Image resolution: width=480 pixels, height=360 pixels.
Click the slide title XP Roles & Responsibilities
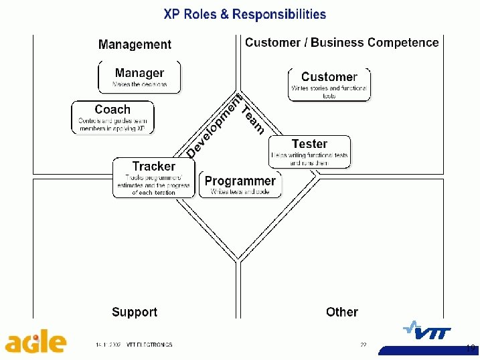click(x=245, y=14)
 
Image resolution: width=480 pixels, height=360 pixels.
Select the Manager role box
click(x=139, y=77)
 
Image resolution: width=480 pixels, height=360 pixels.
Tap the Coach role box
click(x=112, y=117)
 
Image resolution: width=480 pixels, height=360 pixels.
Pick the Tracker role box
click(x=153, y=178)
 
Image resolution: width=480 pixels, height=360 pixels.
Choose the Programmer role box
click(x=240, y=184)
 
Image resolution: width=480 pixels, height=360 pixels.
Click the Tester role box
click(x=309, y=152)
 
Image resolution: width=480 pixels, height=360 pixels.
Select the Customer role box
click(x=329, y=85)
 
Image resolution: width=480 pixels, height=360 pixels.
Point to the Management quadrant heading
click(x=135, y=45)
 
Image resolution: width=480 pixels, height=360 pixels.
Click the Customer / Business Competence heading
click(x=341, y=43)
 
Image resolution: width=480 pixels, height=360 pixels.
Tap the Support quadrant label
click(x=135, y=312)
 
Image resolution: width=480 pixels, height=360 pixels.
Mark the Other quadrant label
click(x=341, y=312)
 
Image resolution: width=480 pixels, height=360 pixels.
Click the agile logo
click(x=36, y=343)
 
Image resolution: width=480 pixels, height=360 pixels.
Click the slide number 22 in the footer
click(x=363, y=345)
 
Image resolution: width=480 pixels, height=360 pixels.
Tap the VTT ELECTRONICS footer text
click(x=149, y=345)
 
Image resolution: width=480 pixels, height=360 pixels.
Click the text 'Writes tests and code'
click(x=240, y=192)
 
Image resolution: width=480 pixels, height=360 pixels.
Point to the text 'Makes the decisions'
click(x=139, y=86)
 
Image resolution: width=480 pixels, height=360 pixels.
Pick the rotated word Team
click(x=253, y=119)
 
